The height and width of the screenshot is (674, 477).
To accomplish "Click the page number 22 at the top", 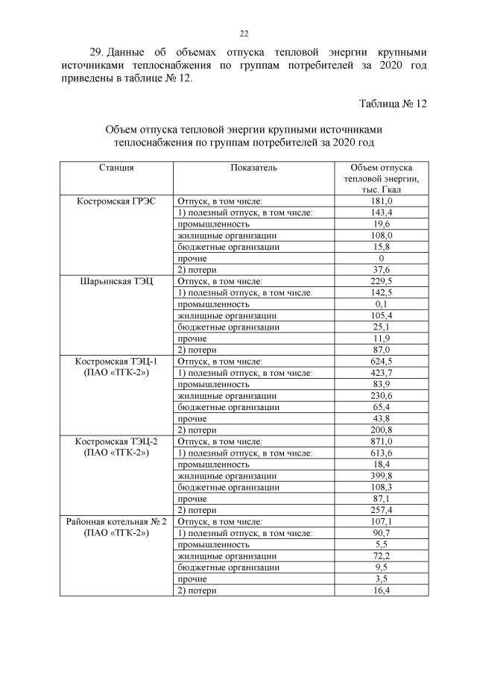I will (244, 34).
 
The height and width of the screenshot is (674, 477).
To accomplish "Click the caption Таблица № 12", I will (393, 103).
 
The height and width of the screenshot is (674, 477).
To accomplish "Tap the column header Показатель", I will (253, 168).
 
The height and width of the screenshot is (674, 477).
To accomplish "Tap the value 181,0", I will (381, 201).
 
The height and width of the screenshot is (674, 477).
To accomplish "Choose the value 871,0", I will (381, 441).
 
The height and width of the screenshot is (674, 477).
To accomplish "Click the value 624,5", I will (381, 362).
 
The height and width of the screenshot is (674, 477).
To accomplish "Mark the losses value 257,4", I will (381, 510).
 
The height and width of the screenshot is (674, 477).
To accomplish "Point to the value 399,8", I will (381, 476).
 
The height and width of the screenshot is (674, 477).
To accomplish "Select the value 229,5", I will (381, 282).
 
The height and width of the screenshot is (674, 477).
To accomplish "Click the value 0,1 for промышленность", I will (381, 304).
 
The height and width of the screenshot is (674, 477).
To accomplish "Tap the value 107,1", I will (381, 522).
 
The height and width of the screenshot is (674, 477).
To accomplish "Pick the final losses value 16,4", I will (381, 590).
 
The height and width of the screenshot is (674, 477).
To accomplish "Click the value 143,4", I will (381, 212).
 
